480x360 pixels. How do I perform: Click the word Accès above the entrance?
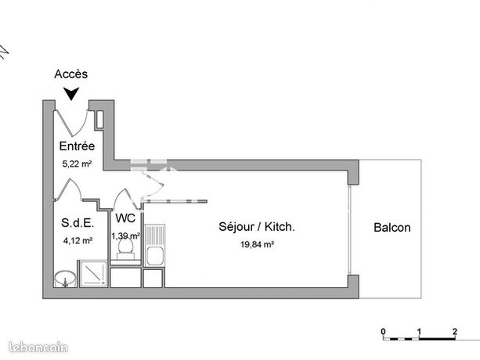tap(70, 74)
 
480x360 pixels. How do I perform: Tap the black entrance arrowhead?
tap(71, 93)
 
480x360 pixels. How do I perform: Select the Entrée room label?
tap(77, 146)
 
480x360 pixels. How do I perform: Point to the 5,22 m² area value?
tap(78, 164)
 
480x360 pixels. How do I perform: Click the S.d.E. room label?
tap(78, 223)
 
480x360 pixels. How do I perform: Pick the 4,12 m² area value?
tap(78, 241)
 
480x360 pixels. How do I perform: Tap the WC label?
tap(125, 218)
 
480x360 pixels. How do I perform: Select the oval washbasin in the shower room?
tap(65, 278)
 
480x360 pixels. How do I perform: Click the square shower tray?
tap(94, 273)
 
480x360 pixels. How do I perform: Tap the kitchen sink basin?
tap(154, 256)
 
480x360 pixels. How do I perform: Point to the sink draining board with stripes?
tap(154, 235)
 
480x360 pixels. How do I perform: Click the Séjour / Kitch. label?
tap(257, 227)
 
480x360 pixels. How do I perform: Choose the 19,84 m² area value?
tap(257, 244)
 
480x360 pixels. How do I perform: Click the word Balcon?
tap(392, 228)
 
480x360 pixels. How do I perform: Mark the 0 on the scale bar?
tap(383, 332)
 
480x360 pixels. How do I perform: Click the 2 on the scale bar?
tap(455, 332)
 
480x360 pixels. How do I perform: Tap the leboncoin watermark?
tap(38, 347)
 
